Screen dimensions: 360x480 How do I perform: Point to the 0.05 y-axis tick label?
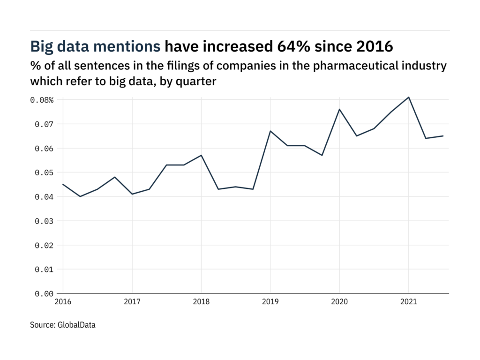pos(43,172)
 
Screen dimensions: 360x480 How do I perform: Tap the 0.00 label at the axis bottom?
pos(43,293)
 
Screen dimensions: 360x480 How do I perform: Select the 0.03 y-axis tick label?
pos(43,221)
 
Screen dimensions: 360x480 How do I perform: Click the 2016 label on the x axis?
pos(63,302)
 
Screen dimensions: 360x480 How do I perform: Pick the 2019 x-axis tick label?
pos(270,302)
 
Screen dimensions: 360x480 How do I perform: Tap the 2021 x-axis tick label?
pos(408,302)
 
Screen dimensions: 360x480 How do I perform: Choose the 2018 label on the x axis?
pos(201,302)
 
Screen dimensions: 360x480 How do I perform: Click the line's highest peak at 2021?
pos(408,97)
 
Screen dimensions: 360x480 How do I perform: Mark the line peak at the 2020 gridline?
pos(339,109)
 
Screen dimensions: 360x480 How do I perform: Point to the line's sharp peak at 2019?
pos(270,131)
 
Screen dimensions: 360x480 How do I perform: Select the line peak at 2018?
pos(201,155)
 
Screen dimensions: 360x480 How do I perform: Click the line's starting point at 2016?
pos(63,184)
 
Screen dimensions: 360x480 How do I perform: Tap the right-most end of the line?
pos(443,136)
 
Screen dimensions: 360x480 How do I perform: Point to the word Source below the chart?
pos(41,324)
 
